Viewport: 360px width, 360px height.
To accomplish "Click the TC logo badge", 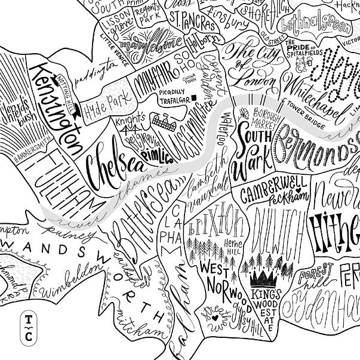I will (x=27, y=328).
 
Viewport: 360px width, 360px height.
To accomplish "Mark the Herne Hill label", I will (x=233, y=246).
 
